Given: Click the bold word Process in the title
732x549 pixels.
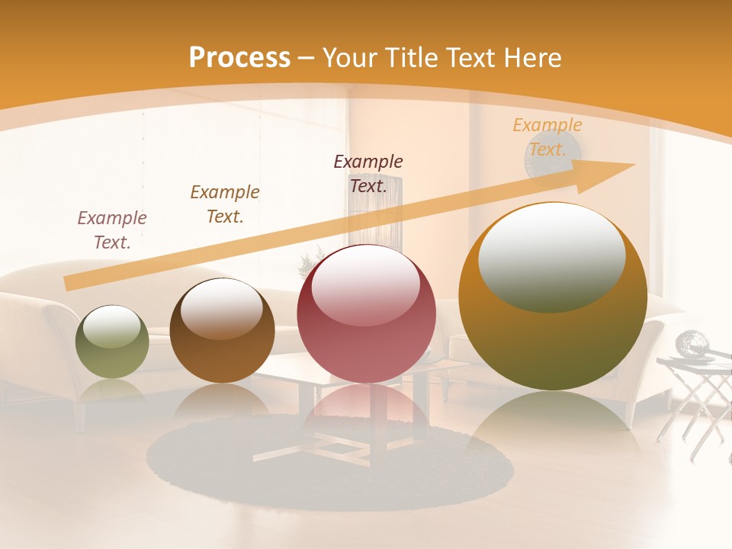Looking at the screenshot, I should click(x=239, y=57).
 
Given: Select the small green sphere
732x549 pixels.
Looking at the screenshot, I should click(x=112, y=342).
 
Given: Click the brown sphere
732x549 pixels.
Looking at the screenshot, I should click(x=222, y=330).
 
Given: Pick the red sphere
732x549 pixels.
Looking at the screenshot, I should click(x=366, y=313).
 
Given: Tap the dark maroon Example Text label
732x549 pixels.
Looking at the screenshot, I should click(x=368, y=173).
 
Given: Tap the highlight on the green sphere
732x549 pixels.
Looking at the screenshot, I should click(x=112, y=327).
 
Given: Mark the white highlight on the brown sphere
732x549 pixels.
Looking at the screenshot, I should click(x=222, y=307).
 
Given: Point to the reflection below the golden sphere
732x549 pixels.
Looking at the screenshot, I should click(x=552, y=427).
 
